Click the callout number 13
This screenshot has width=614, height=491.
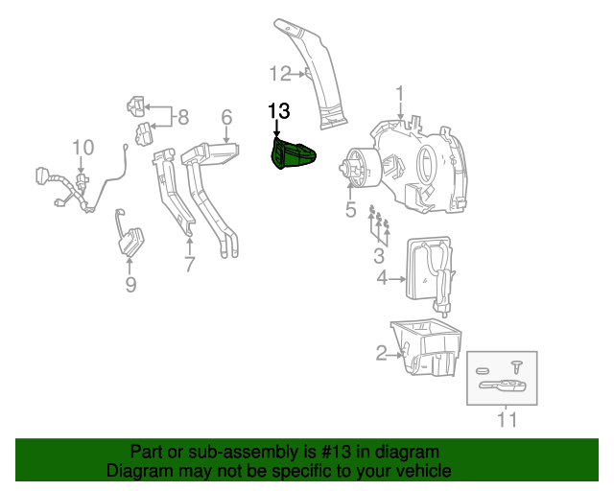278,112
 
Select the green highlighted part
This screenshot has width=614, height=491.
292,154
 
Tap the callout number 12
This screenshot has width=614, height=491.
278,72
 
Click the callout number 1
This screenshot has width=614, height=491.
400,94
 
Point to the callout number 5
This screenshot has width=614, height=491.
350,210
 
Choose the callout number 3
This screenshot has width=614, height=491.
379,255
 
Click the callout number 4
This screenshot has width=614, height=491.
381,279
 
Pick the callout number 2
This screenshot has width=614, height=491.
381,355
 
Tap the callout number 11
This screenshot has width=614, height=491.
507,419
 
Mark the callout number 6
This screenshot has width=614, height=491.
226,117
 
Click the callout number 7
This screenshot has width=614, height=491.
189,263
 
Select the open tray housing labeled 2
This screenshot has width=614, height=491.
428,351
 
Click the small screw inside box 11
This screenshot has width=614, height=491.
515,366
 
